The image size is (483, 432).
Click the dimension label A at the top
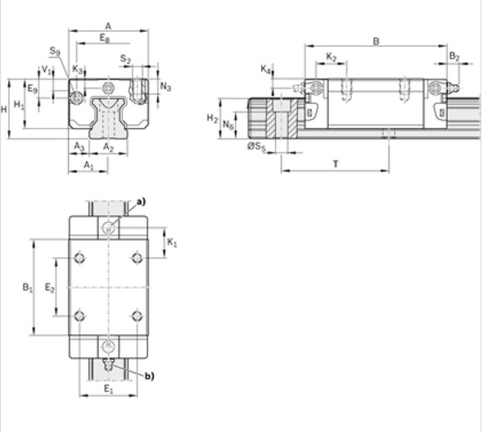pos(108,25)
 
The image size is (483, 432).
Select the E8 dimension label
pos(103,38)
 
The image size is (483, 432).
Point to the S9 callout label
pos(55,51)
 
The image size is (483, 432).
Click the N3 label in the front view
pos(165,86)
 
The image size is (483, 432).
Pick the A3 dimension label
pos(79,147)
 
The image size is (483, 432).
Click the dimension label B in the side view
pos(376,40)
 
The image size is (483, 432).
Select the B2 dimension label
pos(454,57)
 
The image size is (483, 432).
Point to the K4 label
pos(266,70)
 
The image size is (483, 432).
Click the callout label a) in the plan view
pos(140,201)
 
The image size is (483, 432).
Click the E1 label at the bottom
pos(108,389)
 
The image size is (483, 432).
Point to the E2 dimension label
pos(49,288)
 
